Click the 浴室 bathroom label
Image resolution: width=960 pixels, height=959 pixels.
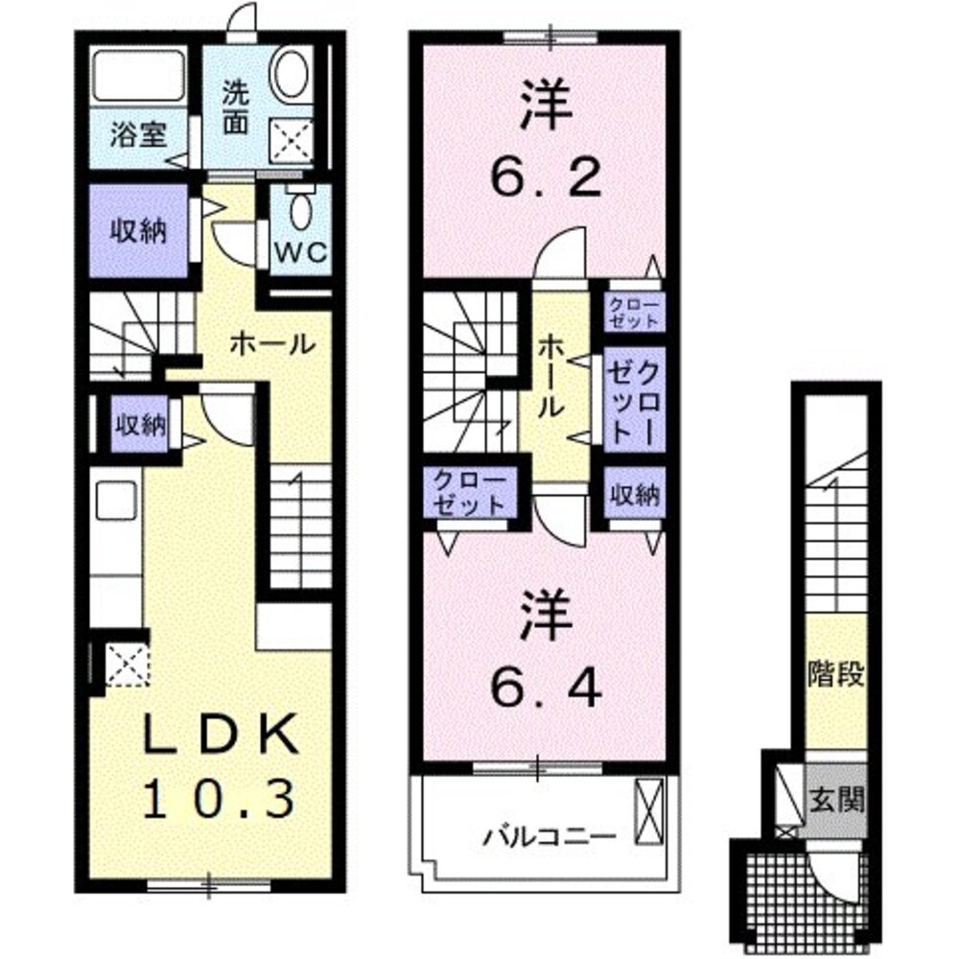138,134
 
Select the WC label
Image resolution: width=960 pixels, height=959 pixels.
302,253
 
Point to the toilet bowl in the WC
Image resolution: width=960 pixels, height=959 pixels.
300,205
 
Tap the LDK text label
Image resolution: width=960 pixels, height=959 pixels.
217,737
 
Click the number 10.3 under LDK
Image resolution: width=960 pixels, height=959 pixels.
217,798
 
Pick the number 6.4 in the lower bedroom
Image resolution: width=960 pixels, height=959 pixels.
548,684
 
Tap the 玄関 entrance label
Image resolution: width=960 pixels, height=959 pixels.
836,800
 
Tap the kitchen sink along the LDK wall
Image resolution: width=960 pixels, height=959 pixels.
117,501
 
